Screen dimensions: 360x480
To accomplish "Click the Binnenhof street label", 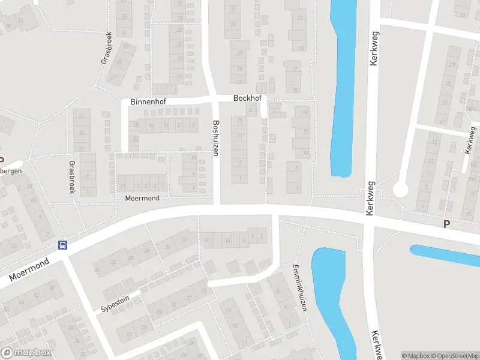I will (x=148, y=103).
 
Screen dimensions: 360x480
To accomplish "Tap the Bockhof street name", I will (x=248, y=97).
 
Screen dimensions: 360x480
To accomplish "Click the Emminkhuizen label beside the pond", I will (x=299, y=287).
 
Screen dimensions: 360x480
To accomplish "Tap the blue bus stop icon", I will (x=62, y=245).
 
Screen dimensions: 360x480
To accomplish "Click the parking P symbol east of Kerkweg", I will (x=446, y=224).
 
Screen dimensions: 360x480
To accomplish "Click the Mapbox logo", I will (x=27, y=352).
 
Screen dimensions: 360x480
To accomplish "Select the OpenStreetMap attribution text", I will (x=457, y=356).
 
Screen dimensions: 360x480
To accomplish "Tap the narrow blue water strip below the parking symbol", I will (x=447, y=254).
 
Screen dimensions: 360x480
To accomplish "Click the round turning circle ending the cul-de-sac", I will (x=400, y=190).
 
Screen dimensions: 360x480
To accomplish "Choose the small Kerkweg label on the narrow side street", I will (x=470, y=140).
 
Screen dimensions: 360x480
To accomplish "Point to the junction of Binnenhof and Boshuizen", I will (x=215, y=99).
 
